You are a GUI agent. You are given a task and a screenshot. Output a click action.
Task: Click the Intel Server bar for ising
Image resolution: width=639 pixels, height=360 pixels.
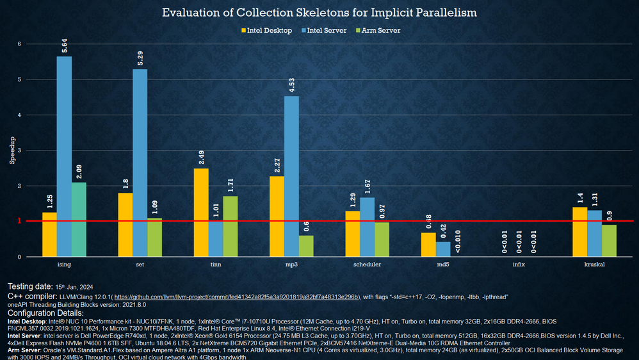(x=64, y=156)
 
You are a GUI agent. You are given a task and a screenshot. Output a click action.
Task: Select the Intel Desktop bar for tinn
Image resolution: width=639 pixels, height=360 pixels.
(x=201, y=212)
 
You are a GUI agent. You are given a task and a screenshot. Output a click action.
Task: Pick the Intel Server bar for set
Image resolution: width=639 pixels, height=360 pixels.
(x=140, y=163)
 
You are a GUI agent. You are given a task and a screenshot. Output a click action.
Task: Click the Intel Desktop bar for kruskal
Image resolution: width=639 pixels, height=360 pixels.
(x=580, y=231)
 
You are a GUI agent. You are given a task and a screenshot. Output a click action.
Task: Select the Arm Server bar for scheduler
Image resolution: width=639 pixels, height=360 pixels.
(x=382, y=239)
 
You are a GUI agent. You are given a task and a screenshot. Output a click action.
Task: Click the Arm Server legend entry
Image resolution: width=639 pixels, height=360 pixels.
(x=380, y=30)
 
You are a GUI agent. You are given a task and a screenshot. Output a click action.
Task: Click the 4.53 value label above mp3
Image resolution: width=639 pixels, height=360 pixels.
(x=292, y=85)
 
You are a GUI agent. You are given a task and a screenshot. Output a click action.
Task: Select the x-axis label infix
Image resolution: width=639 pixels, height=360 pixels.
(x=519, y=265)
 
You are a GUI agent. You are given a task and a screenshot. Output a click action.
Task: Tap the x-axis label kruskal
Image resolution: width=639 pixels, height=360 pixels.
(x=595, y=265)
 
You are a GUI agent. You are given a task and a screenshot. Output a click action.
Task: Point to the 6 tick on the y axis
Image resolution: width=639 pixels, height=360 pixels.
(x=19, y=44)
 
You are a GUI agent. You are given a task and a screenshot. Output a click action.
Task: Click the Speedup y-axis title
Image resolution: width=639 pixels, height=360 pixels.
(x=11, y=151)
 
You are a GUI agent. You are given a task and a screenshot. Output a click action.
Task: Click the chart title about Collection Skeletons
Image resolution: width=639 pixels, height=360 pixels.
(x=319, y=13)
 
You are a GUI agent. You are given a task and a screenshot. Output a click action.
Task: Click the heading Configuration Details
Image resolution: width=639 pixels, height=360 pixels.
(x=45, y=313)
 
